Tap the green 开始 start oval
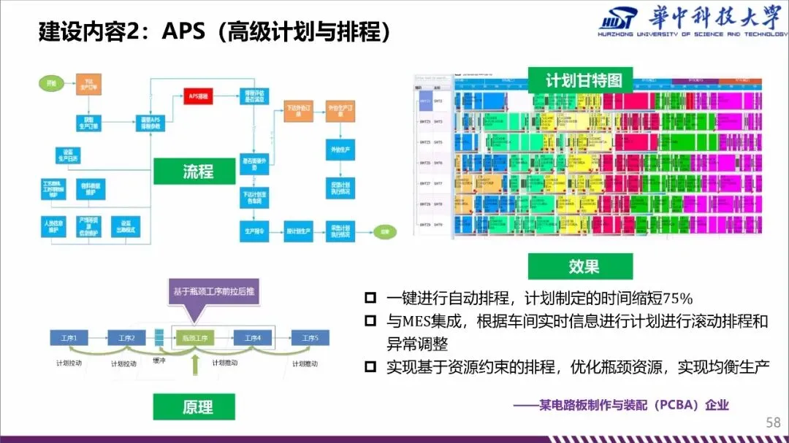[48, 82]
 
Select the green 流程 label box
[198, 172]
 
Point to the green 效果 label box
[584, 266]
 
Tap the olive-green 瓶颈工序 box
[194, 337]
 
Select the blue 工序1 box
[69, 337]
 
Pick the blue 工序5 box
[310, 337]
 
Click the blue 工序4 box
[252, 337]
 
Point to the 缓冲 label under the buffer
[159, 361]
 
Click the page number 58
[772, 423]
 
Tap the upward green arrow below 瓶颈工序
[194, 366]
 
